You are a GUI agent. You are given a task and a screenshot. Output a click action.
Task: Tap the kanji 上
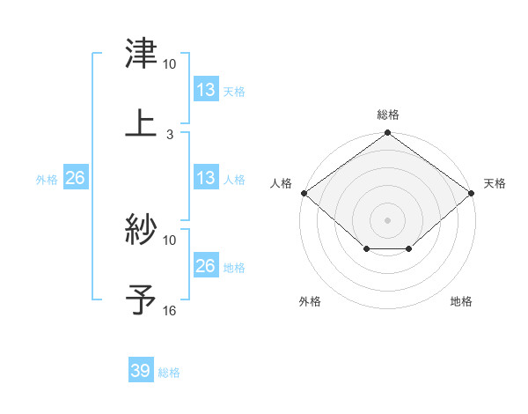point(141,122)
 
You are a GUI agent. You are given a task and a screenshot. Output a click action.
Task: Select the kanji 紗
point(141,229)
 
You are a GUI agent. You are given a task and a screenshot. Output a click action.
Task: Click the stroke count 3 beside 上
point(170,135)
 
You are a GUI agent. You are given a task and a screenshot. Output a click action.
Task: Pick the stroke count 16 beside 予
point(170,310)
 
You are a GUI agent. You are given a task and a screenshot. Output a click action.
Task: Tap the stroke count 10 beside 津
point(170,64)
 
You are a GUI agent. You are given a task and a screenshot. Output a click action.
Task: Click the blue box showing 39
point(141,371)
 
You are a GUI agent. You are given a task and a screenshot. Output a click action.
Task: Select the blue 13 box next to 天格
point(205,90)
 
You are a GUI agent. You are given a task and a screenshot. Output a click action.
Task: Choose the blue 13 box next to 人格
point(205,179)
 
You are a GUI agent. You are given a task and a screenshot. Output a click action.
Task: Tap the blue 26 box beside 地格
point(205,266)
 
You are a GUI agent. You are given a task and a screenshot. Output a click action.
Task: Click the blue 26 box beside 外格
point(76,179)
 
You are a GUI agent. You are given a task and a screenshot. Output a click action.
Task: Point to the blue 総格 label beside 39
point(170,373)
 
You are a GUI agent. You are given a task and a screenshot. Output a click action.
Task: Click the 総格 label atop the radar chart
point(388,115)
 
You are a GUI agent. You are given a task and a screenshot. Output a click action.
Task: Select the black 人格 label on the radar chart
point(282,183)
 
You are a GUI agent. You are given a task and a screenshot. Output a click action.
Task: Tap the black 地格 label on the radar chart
point(461,302)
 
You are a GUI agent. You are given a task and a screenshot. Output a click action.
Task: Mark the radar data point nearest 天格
point(473,193)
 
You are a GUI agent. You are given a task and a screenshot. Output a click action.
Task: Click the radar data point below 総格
point(388,134)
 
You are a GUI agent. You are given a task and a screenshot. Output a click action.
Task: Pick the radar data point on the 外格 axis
point(366,250)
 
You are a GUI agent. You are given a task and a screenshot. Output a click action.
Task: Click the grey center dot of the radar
point(388,219)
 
